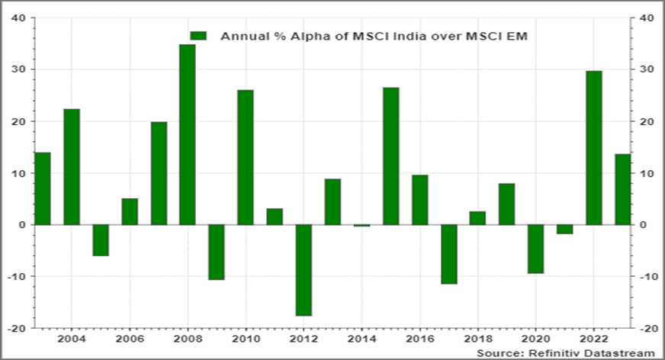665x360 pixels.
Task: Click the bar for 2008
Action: pos(187,134)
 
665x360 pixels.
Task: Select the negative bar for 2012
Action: pos(304,270)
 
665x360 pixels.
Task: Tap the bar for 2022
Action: pos(594,148)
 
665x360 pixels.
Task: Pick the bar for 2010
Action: pos(245,157)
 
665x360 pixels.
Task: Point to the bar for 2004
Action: pos(71,167)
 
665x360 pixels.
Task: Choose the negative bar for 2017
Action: pos(448,254)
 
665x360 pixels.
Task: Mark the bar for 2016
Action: pos(419,200)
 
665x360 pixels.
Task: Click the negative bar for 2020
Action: pos(536,249)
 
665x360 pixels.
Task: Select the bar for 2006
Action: pos(129,211)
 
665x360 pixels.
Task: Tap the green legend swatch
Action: pos(198,35)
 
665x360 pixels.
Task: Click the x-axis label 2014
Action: pos(361,338)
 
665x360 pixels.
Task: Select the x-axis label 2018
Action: pos(477,338)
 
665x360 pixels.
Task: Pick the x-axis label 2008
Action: pos(187,338)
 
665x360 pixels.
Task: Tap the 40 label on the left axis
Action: pos(18,18)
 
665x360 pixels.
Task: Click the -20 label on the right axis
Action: pos(646,328)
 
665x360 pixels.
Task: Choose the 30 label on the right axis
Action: pos(645,69)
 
